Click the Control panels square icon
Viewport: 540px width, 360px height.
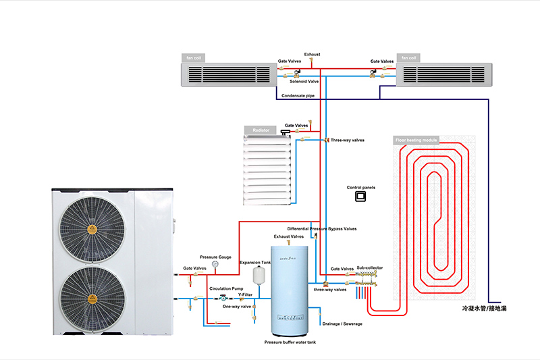tap(360, 197)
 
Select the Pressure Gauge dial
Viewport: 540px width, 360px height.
tap(215, 265)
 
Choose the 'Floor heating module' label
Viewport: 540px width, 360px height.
tap(416, 140)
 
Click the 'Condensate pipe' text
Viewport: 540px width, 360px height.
tap(298, 96)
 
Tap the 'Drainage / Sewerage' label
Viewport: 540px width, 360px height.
tap(343, 324)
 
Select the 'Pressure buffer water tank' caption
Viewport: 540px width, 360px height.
tap(290, 343)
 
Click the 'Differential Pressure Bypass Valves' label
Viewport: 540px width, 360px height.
tap(322, 229)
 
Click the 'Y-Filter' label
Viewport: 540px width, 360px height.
tap(245, 294)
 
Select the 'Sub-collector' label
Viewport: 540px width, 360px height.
tap(369, 268)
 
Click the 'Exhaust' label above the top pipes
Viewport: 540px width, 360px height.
tap(312, 54)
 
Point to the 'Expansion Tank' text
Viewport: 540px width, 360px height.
tap(255, 261)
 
